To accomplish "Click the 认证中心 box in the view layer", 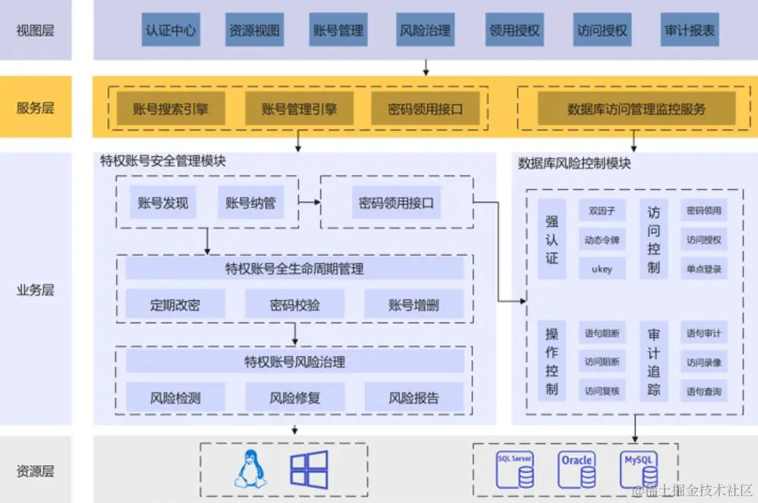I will click(x=170, y=30).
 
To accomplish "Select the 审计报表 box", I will click(x=689, y=30).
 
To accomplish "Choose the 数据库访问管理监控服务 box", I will click(x=636, y=109).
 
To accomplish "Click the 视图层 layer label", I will click(x=36, y=31).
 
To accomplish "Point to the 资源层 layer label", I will click(x=36, y=471).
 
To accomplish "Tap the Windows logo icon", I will click(x=309, y=469).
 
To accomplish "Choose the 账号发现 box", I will click(x=163, y=203).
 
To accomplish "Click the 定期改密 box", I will click(x=175, y=305).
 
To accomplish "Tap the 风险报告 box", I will click(x=414, y=398).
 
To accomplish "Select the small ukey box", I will click(x=602, y=269).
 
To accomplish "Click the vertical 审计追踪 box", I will click(x=653, y=360).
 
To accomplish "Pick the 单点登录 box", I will click(x=703, y=269).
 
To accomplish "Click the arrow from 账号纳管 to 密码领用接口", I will click(x=309, y=203).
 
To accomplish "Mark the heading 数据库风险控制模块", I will click(x=574, y=163).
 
